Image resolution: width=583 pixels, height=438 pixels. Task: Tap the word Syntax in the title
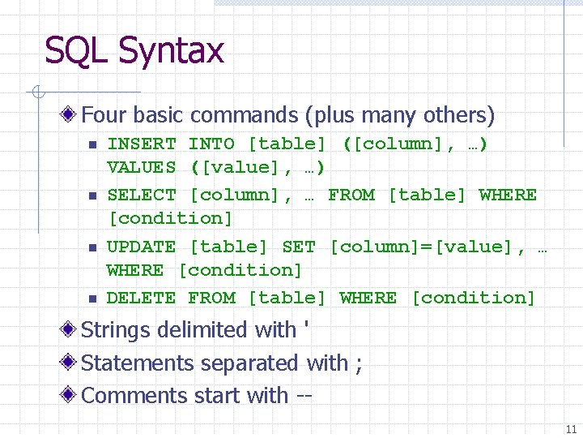coord(170,52)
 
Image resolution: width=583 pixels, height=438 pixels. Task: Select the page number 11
coord(572,429)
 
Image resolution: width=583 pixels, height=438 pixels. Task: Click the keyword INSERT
coord(142,144)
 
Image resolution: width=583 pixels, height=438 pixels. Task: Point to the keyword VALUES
coord(142,168)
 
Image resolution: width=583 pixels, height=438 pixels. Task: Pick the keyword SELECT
coord(142,195)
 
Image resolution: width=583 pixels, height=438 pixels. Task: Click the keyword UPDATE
coord(142,247)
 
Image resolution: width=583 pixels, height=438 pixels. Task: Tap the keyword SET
coord(299,247)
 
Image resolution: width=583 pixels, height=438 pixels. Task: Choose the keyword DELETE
coord(142,298)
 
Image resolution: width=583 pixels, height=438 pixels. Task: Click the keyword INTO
coord(211,144)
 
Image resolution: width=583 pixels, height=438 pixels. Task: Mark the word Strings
coord(118,331)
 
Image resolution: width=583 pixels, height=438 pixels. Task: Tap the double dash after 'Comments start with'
coord(304,397)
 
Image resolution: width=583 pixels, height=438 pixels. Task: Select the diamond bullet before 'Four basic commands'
coord(71,116)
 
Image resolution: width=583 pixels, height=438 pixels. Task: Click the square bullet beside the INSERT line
coord(93,145)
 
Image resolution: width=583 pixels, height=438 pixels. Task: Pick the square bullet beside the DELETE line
coord(93,298)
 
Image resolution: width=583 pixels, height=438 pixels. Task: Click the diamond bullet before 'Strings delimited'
coord(71,330)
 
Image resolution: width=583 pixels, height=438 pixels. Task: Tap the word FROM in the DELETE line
coord(211,298)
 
